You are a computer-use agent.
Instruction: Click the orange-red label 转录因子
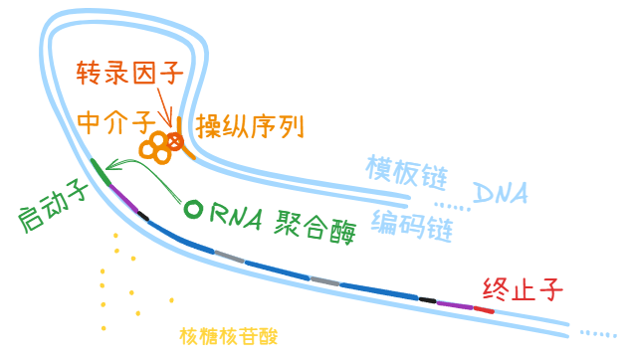129,73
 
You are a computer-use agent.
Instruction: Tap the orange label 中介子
116,122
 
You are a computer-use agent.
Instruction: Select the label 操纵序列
250,126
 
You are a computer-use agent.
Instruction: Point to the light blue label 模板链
406,172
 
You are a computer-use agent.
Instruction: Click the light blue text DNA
501,193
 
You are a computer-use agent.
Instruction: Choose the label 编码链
412,226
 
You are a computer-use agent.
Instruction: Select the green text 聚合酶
315,227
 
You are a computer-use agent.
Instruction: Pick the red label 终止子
523,289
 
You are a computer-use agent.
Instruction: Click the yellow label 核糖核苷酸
228,336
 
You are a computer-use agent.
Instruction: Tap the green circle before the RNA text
193,209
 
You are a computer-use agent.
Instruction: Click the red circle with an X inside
175,141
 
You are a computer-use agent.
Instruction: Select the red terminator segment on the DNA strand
484,310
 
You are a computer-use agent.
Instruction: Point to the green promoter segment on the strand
101,172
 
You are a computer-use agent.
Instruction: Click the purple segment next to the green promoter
123,198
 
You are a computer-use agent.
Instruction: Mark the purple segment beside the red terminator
455,305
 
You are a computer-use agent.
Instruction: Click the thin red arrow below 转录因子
165,107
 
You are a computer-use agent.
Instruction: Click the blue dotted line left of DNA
452,206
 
